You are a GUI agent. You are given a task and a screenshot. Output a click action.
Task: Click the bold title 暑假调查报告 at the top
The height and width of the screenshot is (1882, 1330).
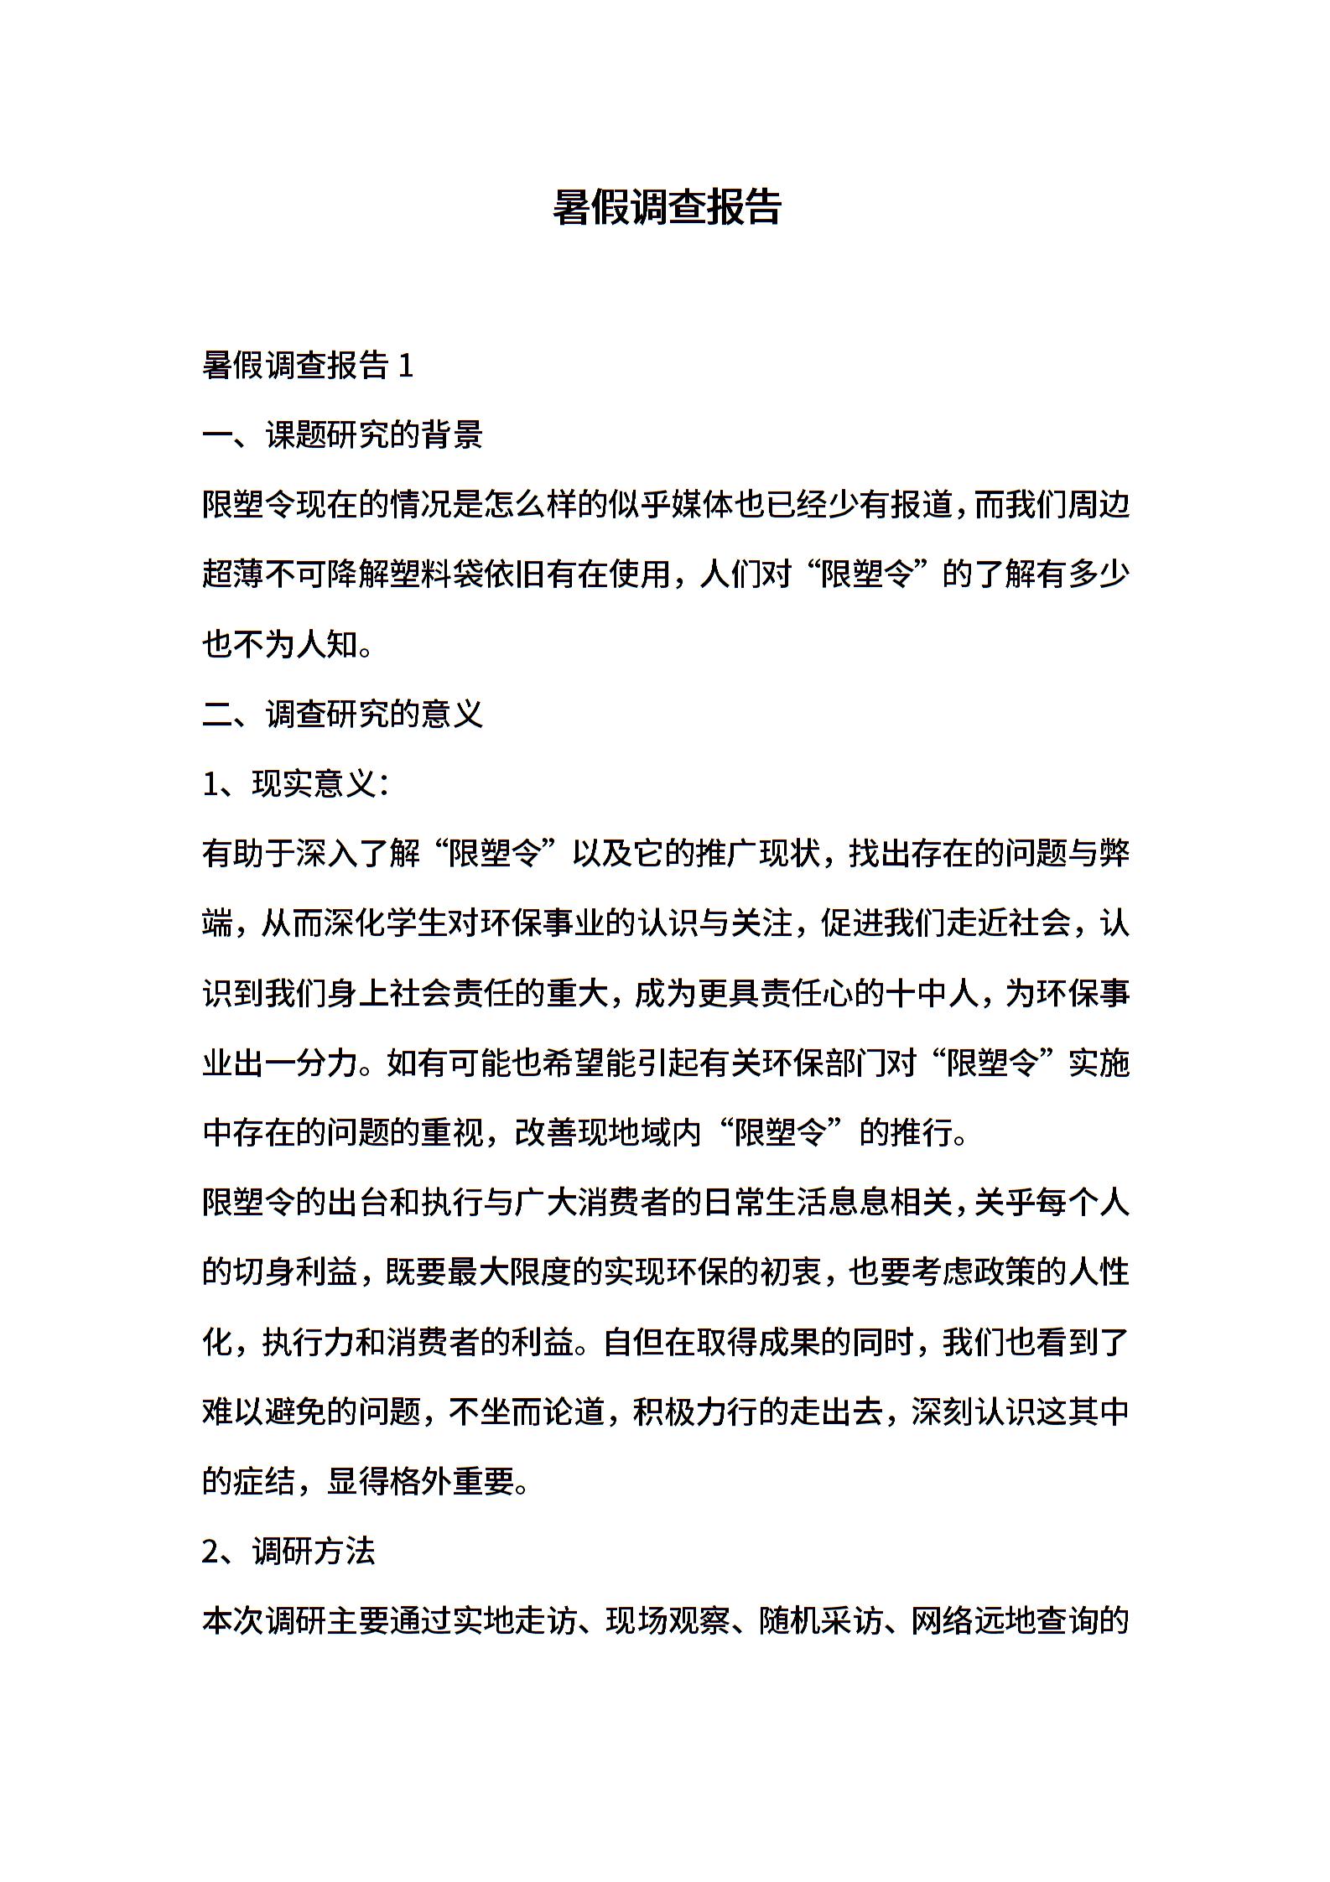667,206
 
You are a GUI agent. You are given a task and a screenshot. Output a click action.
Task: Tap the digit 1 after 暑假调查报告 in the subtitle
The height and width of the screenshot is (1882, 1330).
406,366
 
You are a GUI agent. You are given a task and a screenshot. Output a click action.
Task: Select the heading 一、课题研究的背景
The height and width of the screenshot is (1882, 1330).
343,435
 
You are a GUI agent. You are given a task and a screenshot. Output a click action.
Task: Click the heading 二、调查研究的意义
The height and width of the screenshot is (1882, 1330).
343,714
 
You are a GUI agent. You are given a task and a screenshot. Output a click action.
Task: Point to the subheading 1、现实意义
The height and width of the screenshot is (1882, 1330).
295,783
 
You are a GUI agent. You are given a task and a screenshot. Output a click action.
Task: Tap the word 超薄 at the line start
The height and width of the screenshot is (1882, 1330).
233,574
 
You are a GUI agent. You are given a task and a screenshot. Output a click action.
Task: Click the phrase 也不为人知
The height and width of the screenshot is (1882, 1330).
280,644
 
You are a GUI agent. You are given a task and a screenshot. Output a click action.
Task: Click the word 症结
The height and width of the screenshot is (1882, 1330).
264,1481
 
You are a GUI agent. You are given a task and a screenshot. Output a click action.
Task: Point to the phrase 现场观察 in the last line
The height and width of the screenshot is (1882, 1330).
669,1620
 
